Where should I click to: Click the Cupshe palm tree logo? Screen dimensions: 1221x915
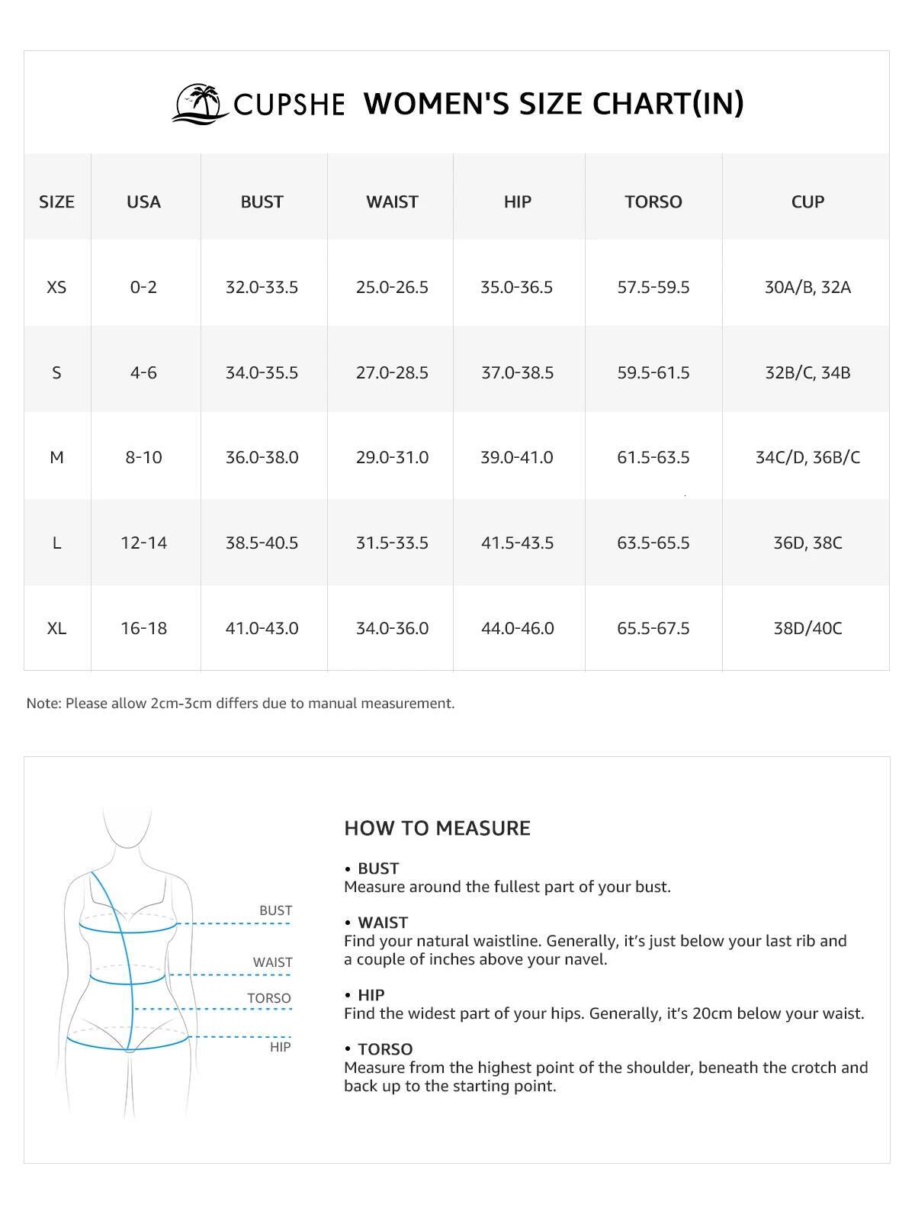tap(201, 104)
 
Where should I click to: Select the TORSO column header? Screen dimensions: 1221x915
tap(653, 201)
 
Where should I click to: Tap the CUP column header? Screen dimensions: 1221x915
tap(807, 201)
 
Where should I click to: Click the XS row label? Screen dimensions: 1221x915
tap(56, 287)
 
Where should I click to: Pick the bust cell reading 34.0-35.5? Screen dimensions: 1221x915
tap(262, 372)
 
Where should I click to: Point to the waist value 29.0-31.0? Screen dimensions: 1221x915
tap(392, 457)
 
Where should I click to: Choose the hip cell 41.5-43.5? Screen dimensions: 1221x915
tap(517, 543)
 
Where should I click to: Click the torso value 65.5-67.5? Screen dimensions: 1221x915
tap(653, 628)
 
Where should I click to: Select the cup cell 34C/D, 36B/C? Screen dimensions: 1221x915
tap(807, 457)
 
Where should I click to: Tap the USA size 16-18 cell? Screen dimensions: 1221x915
tap(143, 628)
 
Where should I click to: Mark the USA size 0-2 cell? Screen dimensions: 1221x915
tap(143, 287)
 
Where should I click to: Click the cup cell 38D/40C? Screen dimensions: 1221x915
tap(807, 628)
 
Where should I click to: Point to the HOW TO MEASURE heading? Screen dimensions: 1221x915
tap(437, 828)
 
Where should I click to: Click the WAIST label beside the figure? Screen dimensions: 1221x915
tap(272, 962)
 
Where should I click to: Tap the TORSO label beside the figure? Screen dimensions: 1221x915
tap(268, 998)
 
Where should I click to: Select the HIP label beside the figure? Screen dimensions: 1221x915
tap(280, 1047)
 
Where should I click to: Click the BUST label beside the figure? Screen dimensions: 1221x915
tap(275, 910)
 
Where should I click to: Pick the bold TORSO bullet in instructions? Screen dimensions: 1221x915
tap(384, 1049)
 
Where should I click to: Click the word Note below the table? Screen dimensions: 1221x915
tap(43, 704)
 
